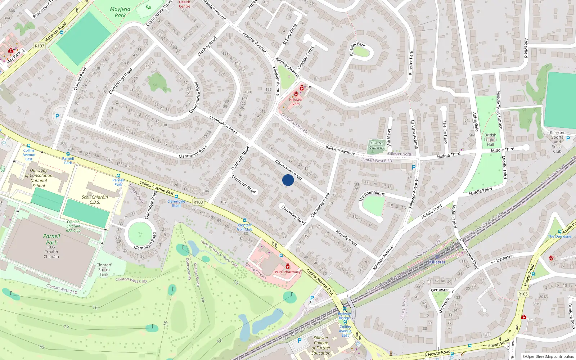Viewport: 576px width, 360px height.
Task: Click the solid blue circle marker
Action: [288, 180]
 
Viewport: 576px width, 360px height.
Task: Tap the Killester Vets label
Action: [296, 102]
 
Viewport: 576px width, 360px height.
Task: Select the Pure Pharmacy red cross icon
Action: [287, 266]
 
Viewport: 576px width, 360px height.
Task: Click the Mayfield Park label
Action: [120, 12]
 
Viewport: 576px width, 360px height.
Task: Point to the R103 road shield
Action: [198, 202]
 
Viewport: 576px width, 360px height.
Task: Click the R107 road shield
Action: [40, 46]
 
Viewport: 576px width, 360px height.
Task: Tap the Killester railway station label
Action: [437, 262]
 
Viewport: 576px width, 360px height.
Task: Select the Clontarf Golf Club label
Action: [245, 227]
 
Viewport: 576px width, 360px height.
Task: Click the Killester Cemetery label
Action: [377, 145]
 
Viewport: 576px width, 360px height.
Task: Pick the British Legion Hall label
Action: [490, 140]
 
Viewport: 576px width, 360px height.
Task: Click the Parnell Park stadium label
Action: [51, 239]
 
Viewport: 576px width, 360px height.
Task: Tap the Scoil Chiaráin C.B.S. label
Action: [95, 199]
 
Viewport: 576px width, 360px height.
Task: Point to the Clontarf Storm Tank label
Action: [104, 269]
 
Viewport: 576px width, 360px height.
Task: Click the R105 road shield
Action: [523, 294]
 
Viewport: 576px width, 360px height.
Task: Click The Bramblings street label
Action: [372, 196]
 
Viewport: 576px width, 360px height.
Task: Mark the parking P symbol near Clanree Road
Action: [57, 116]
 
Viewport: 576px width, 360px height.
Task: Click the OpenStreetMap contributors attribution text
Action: [548, 356]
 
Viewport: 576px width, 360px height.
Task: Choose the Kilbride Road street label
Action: [346, 238]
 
